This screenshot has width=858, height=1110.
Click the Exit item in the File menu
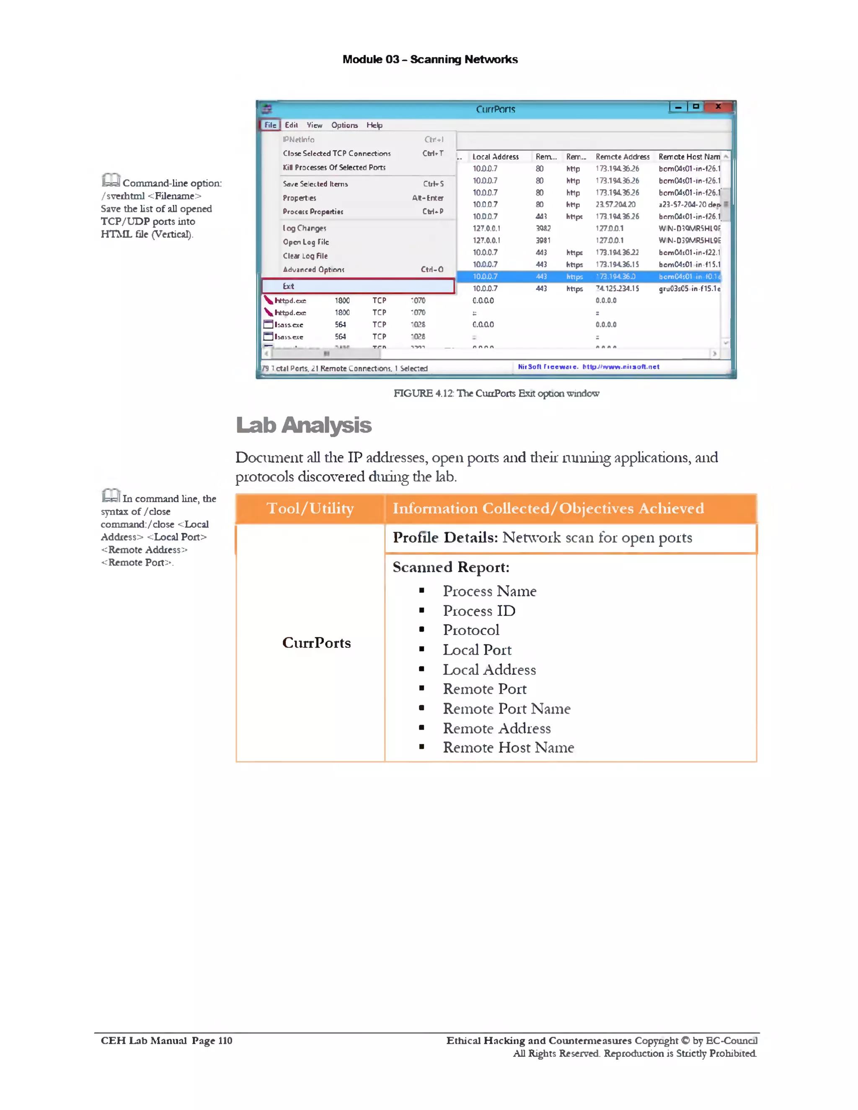(288, 286)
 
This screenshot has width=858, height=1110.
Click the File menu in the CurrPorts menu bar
(270, 125)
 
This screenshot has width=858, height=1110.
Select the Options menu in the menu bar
(344, 125)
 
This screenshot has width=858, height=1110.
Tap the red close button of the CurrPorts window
(718, 107)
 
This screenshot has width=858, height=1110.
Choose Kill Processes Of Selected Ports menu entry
(334, 167)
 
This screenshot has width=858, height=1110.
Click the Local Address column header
(495, 157)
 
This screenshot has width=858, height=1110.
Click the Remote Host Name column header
(689, 157)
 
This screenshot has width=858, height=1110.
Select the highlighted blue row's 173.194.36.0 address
(615, 276)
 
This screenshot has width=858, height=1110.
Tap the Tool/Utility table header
(310, 508)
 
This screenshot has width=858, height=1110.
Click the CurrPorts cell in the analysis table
(316, 643)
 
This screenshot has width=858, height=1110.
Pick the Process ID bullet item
(479, 610)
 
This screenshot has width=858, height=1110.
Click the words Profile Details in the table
(445, 537)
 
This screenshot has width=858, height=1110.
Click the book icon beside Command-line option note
(110, 180)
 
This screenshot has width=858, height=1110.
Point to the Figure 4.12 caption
(496, 393)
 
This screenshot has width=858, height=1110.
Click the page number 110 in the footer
(225, 1040)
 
